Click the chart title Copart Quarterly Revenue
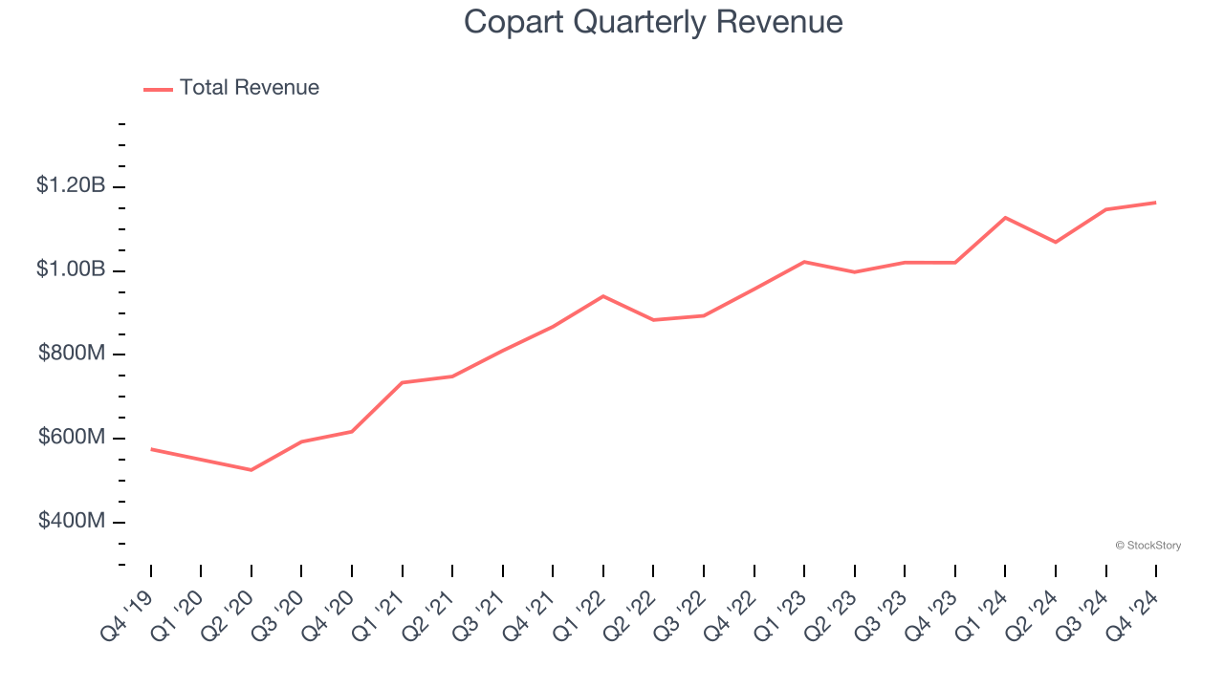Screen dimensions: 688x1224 (x=653, y=22)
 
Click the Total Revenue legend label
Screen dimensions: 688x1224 (x=249, y=88)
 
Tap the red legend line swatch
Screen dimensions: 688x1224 (x=158, y=89)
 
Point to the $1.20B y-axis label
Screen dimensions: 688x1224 (x=71, y=185)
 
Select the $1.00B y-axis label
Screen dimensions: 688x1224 (x=71, y=269)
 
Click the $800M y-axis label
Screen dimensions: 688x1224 (x=72, y=354)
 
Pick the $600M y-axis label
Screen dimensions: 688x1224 (x=72, y=438)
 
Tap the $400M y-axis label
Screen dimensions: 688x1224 (x=72, y=522)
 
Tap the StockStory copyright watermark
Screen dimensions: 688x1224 (x=1147, y=546)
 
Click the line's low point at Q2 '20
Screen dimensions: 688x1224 (x=251, y=470)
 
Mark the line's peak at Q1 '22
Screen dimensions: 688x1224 (x=603, y=296)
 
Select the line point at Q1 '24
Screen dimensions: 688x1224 (x=1005, y=218)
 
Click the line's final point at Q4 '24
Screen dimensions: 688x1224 (x=1155, y=203)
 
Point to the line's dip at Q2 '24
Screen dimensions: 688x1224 (x=1056, y=243)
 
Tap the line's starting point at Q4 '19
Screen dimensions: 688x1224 (x=151, y=449)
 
